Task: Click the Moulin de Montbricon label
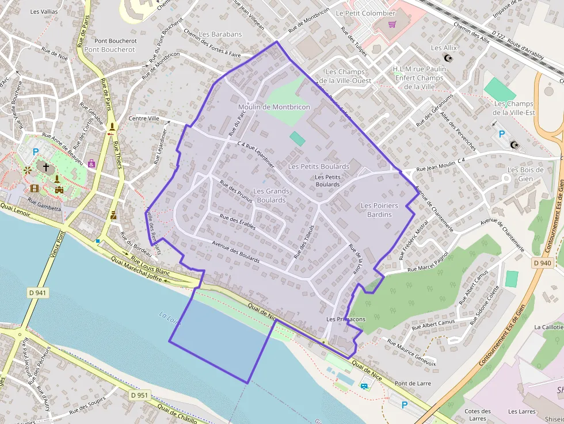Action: (x=274, y=107)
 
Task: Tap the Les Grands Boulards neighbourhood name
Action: (x=271, y=196)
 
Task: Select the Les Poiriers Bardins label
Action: (x=379, y=210)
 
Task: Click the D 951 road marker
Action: (x=139, y=395)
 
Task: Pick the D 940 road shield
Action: (x=542, y=263)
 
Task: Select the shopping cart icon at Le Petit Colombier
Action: (x=392, y=25)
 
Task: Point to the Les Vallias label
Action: (x=44, y=12)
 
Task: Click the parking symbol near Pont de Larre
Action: (x=404, y=405)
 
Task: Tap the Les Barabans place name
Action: (x=220, y=35)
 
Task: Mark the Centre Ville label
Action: (x=144, y=119)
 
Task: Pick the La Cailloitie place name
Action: (x=548, y=327)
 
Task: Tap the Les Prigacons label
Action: (x=345, y=319)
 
